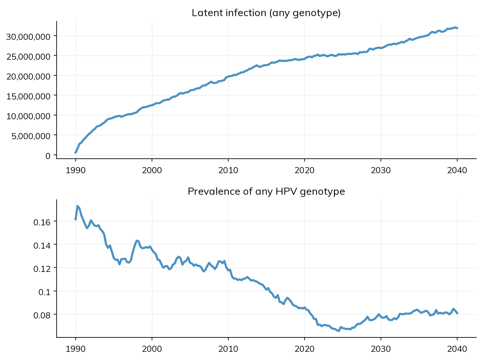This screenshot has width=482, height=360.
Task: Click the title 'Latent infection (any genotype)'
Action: coord(266,13)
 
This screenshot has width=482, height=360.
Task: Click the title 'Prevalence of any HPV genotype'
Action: coord(266,191)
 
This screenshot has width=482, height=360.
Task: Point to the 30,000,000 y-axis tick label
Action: coord(28,37)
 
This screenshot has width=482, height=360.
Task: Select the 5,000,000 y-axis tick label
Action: coord(31,136)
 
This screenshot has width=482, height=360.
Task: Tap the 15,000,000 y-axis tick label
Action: coord(28,96)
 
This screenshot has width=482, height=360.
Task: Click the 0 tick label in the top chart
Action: coord(48,156)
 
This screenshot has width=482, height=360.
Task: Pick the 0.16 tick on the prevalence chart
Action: coord(42,222)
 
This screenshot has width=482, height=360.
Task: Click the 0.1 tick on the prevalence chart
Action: coord(45,292)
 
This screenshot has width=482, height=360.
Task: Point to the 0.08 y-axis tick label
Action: coord(42,315)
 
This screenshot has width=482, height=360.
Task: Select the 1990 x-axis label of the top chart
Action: coord(76,170)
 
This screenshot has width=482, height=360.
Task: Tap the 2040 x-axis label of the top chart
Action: coord(457,170)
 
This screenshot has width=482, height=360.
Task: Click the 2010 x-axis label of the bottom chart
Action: coord(228,349)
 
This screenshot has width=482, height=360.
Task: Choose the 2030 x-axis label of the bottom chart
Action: coord(381,349)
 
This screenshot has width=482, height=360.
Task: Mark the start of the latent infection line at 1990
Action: coord(75,153)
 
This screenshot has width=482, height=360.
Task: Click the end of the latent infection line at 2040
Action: coord(458,28)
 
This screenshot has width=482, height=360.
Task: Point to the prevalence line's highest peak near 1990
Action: coord(78,206)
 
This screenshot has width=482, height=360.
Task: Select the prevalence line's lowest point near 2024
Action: coord(339,331)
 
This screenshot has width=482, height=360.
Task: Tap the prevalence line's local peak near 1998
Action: coord(137,240)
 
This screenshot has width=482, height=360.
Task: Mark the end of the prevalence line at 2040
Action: coord(458,314)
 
